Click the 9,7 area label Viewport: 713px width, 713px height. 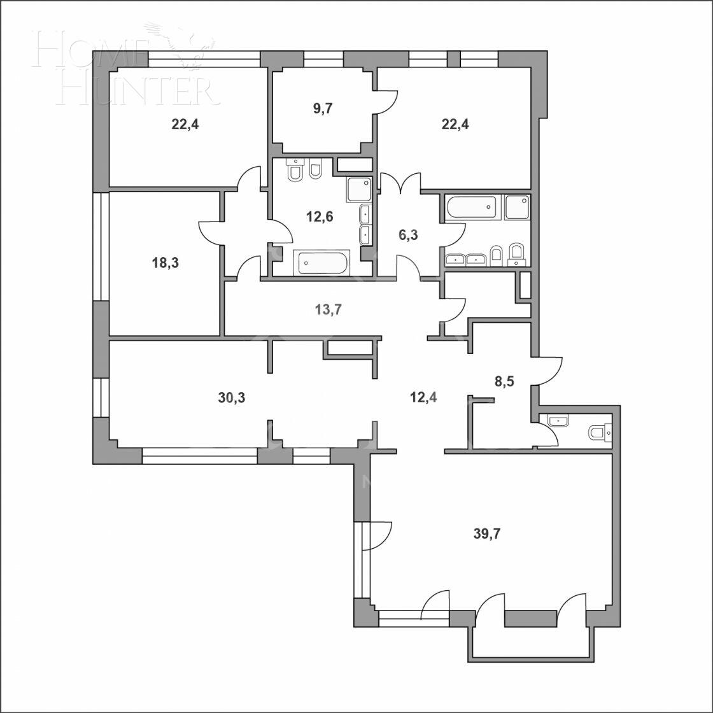323,109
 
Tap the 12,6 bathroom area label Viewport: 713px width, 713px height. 319,216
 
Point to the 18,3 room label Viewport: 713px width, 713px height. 165,262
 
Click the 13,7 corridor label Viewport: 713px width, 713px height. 328,309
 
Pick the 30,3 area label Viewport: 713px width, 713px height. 232,398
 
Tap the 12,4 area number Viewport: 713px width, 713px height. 423,398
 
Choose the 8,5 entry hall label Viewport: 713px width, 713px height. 504,381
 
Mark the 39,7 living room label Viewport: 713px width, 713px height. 486,533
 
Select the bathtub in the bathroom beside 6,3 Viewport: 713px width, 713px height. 474,208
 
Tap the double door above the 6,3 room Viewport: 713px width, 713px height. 400,182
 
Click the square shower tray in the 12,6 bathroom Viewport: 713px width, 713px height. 359,189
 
